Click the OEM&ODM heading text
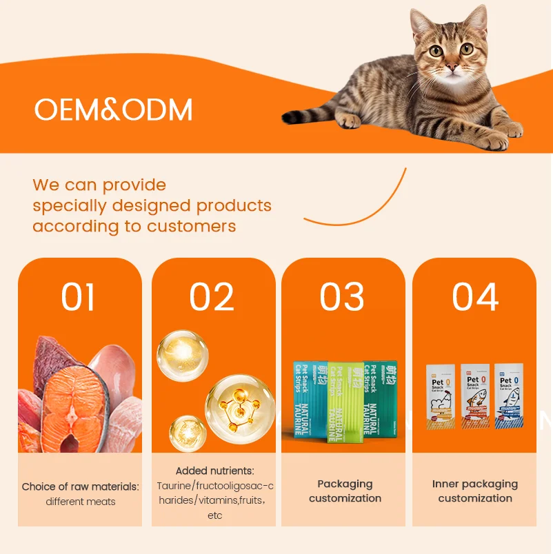click(x=114, y=110)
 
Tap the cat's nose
click(x=452, y=67)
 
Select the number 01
click(x=78, y=297)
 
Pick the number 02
click(x=212, y=297)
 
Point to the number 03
click(x=342, y=297)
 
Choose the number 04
click(x=475, y=297)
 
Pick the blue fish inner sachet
click(x=508, y=397)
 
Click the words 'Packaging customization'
click(x=345, y=491)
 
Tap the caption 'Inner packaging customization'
click(x=475, y=491)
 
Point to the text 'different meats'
click(x=81, y=502)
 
